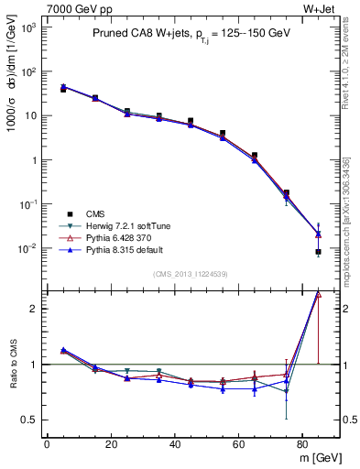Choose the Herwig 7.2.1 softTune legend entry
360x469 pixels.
point(117,224)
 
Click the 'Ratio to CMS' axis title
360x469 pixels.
point(13,366)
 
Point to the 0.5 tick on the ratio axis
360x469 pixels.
point(30,420)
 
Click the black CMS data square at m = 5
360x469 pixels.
point(63,90)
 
